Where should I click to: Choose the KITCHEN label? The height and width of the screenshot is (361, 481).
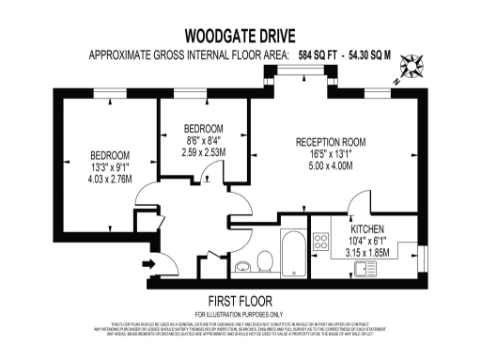click(x=369, y=229)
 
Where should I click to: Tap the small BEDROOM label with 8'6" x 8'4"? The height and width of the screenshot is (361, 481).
click(x=203, y=128)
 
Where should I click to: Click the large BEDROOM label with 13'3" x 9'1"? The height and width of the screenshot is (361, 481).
click(x=110, y=155)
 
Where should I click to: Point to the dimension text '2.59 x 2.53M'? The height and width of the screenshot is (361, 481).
click(x=203, y=151)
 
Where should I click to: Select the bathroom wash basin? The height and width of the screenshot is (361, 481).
click(x=241, y=264)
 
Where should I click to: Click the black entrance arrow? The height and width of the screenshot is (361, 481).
click(x=147, y=262)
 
